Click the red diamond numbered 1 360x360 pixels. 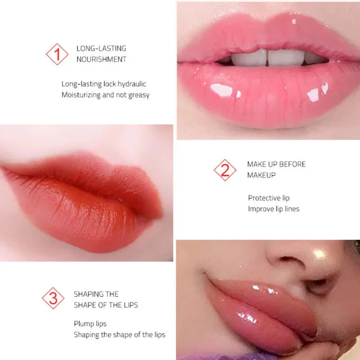(57, 54)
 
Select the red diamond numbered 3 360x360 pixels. (53, 298)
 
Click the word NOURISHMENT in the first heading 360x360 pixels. (101, 59)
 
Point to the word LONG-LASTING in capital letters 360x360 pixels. (101, 49)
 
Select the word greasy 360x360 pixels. (139, 95)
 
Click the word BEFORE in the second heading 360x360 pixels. (292, 164)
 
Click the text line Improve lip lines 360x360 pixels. (274, 209)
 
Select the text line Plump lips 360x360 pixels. (90, 324)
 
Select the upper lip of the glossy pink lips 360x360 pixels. (270, 34)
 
